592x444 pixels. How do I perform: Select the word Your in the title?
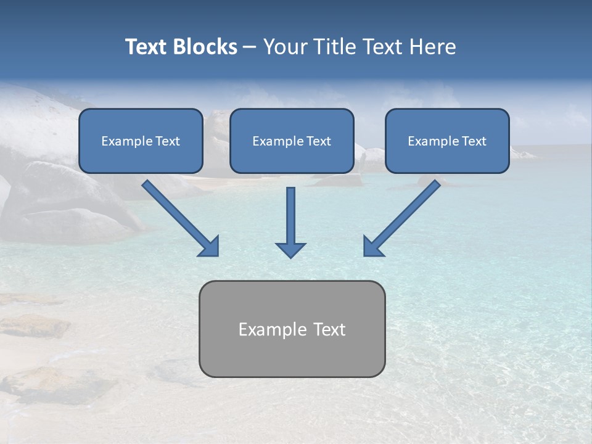coord(284,47)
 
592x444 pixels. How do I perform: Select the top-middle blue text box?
coord(292,157)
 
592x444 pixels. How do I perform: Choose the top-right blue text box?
coord(447,157)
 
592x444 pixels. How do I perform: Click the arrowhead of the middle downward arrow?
coord(290,249)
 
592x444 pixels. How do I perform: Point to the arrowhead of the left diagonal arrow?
coord(210,247)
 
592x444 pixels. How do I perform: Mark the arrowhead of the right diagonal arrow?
coord(372,247)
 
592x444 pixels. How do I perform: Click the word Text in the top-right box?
coord(474,141)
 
